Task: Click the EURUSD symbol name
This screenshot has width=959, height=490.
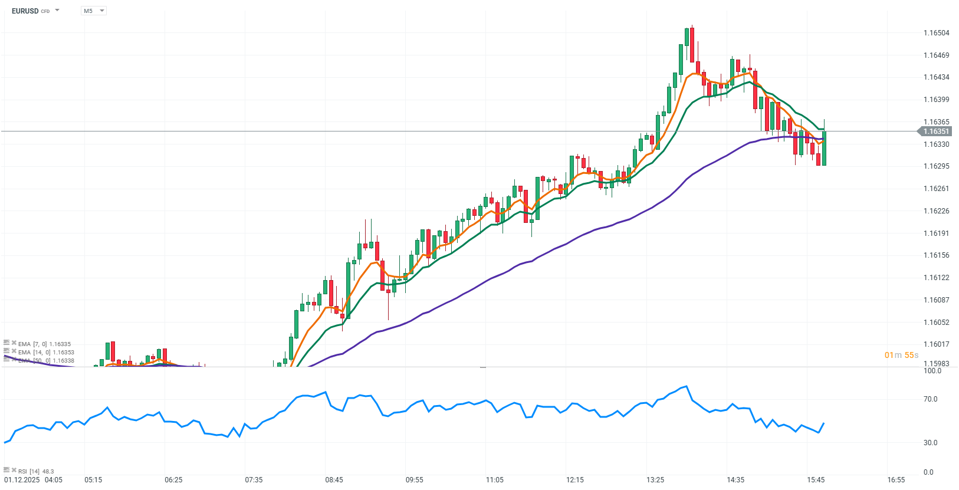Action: pyautogui.click(x=25, y=11)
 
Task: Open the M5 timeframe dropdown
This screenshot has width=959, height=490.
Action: pyautogui.click(x=93, y=11)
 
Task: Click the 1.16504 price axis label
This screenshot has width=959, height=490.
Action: pyautogui.click(x=936, y=33)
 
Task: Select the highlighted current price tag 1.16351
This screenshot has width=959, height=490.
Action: pyautogui.click(x=935, y=131)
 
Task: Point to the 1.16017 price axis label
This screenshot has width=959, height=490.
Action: pyautogui.click(x=936, y=344)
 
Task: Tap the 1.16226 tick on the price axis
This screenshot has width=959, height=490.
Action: pyautogui.click(x=936, y=211)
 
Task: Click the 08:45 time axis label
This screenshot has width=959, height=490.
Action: pyautogui.click(x=334, y=480)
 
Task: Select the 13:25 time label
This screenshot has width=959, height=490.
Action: pyautogui.click(x=655, y=480)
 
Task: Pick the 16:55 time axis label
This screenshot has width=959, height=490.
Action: pyautogui.click(x=896, y=480)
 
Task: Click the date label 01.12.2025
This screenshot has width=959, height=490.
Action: pyautogui.click(x=22, y=480)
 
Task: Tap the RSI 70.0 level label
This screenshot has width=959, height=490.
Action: pyautogui.click(x=930, y=399)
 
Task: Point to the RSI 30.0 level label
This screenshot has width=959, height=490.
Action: pyautogui.click(x=930, y=443)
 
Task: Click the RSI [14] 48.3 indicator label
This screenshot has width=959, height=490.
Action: pyautogui.click(x=35, y=471)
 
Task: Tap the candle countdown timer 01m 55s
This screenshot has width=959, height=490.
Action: pyautogui.click(x=901, y=355)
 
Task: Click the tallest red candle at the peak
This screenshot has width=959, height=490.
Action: pyautogui.click(x=692, y=44)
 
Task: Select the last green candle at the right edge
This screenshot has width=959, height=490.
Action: pyautogui.click(x=824, y=148)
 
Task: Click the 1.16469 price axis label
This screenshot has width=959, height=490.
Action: pyautogui.click(x=936, y=55)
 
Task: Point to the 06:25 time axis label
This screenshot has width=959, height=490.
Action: pyautogui.click(x=173, y=480)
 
